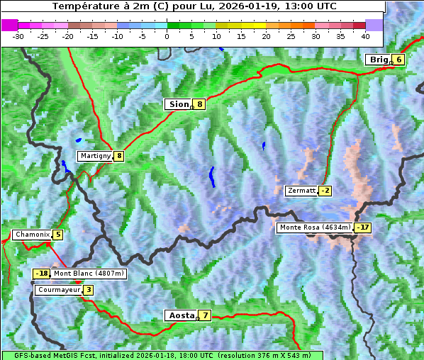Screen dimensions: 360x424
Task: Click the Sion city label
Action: tap(178, 104)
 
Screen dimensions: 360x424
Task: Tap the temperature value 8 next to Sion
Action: tap(200, 104)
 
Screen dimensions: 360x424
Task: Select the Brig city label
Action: tap(379, 60)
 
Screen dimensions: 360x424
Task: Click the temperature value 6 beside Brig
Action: tap(399, 60)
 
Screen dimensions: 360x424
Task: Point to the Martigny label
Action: tap(95, 156)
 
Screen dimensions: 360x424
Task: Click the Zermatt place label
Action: tap(301, 191)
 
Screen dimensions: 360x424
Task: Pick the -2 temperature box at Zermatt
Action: tap(325, 191)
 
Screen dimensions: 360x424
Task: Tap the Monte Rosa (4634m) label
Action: tap(314, 227)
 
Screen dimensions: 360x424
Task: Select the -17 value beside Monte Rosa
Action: tap(362, 227)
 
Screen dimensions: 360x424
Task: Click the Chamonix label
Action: tap(31, 235)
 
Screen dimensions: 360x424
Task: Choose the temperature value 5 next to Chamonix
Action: tap(57, 235)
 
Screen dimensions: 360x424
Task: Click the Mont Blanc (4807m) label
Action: tap(89, 274)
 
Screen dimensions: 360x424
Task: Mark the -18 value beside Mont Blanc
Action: tap(42, 274)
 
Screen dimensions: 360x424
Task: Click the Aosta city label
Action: tap(180, 315)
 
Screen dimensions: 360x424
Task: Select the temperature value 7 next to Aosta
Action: tap(205, 315)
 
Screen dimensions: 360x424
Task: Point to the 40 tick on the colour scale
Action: tap(365, 35)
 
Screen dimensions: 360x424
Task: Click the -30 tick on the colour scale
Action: tap(18, 35)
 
